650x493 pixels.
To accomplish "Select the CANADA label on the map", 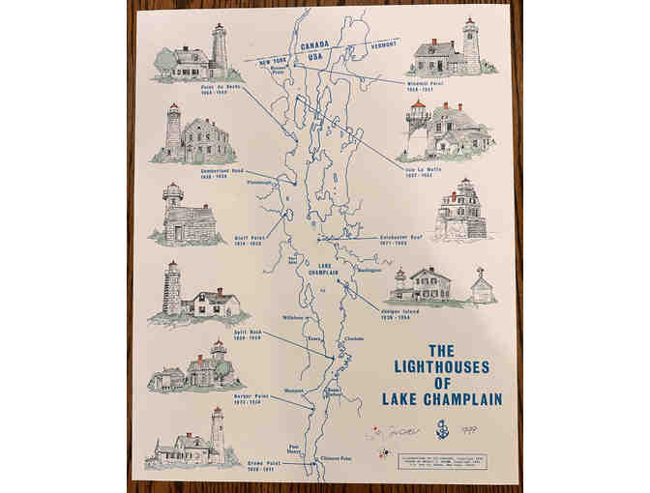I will point(315,44).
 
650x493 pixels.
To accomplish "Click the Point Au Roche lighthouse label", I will point(220,89).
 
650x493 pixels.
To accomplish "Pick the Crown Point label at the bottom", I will point(222,465).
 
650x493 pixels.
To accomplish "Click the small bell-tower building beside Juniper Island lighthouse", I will point(481,287).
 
